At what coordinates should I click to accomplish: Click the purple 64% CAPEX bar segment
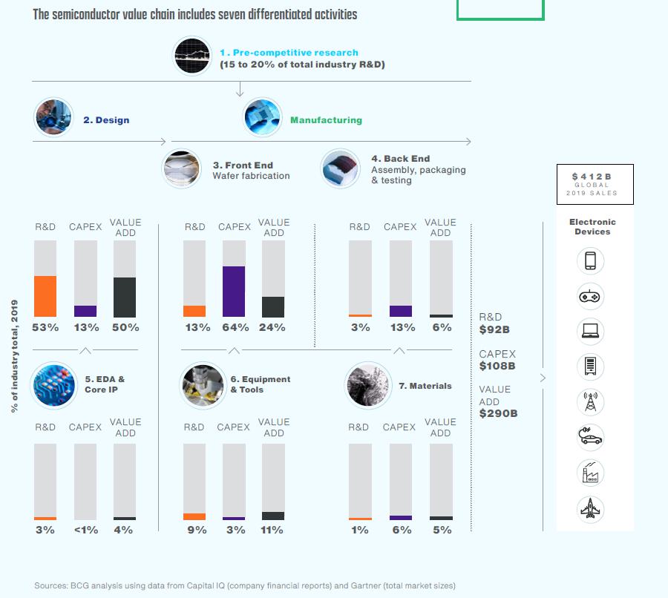pyautogui.click(x=234, y=292)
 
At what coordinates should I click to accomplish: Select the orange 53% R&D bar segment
pyautogui.click(x=45, y=297)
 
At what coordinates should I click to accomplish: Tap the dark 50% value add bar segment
pyautogui.click(x=125, y=298)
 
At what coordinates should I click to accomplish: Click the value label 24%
pyautogui.click(x=272, y=327)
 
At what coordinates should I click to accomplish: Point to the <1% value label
pyautogui.click(x=86, y=530)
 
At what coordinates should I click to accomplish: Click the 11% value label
pyautogui.click(x=272, y=530)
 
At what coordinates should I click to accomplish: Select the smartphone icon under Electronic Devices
pyautogui.click(x=591, y=261)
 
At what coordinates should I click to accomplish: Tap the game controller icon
pyautogui.click(x=591, y=297)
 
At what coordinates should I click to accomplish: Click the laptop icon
pyautogui.click(x=591, y=332)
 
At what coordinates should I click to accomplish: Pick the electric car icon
pyautogui.click(x=591, y=438)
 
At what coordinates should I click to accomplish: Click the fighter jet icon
pyautogui.click(x=591, y=509)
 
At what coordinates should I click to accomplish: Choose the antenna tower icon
pyautogui.click(x=591, y=402)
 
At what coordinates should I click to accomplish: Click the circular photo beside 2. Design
pyautogui.click(x=53, y=117)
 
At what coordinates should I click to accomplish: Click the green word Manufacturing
pyautogui.click(x=326, y=119)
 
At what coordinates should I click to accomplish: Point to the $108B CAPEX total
pyautogui.click(x=497, y=366)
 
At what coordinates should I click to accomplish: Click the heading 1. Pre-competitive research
pyautogui.click(x=289, y=53)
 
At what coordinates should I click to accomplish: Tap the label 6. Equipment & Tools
pyautogui.click(x=260, y=384)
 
